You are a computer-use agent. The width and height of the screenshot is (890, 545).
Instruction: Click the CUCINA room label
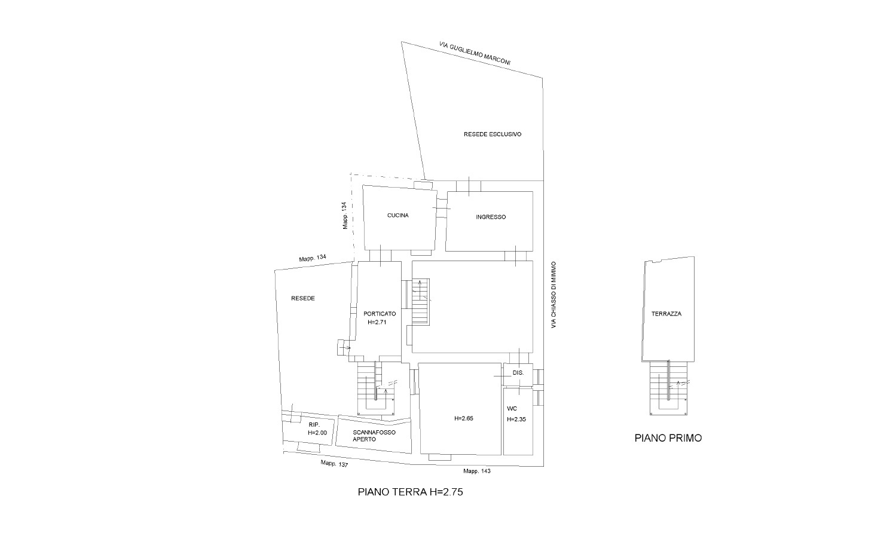(397, 215)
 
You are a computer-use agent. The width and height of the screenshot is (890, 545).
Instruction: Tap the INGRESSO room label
(491, 217)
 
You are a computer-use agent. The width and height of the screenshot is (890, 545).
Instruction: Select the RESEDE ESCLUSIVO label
(493, 134)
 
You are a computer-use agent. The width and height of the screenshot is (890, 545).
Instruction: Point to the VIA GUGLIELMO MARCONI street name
(475, 53)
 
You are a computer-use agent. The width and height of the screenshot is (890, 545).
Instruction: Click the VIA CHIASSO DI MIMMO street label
(554, 295)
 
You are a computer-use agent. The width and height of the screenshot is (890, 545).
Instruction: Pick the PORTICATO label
(380, 314)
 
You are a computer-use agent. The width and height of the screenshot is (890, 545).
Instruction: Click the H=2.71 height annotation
(377, 322)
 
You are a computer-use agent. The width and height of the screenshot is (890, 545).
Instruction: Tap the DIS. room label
(518, 373)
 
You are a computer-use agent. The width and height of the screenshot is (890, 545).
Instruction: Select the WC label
(512, 408)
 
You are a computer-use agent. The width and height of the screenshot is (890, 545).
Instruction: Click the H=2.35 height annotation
(516, 419)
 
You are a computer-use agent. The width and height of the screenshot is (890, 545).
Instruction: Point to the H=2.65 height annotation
(464, 418)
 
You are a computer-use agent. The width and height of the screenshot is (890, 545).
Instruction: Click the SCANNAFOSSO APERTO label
(374, 436)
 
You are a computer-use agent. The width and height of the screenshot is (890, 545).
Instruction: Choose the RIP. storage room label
(314, 425)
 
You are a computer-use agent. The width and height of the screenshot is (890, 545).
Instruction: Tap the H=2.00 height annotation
(317, 433)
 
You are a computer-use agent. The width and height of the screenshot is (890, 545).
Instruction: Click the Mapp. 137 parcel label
(334, 463)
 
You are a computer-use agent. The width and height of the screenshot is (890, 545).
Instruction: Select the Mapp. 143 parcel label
(477, 471)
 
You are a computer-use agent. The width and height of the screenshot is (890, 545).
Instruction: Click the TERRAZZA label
(666, 314)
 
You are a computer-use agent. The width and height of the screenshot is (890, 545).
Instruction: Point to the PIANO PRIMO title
(668, 438)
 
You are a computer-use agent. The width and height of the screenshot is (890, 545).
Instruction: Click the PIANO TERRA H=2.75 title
(411, 492)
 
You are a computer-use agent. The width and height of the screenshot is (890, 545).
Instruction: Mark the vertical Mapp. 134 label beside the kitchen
(345, 216)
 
